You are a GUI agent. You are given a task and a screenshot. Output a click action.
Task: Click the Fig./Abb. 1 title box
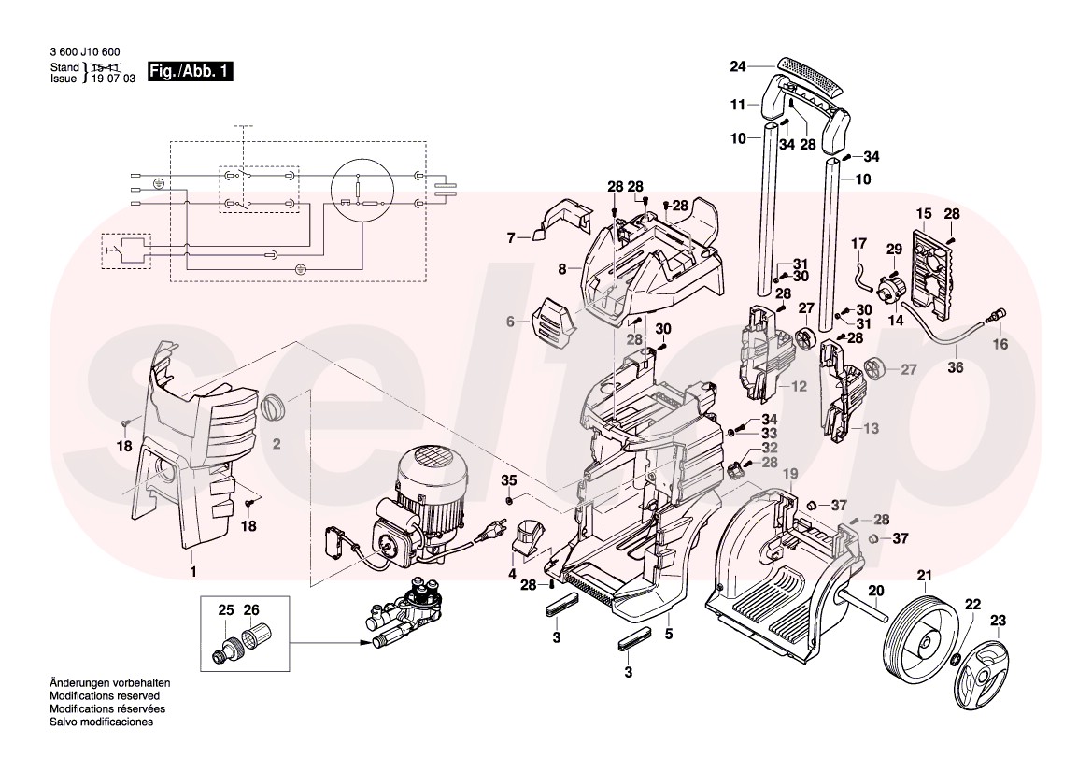191,73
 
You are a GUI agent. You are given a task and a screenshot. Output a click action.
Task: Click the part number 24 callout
738,66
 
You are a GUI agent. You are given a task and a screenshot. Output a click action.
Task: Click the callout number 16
1000,345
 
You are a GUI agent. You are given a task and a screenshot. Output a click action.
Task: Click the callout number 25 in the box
225,610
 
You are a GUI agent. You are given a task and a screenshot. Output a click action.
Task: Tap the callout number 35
509,480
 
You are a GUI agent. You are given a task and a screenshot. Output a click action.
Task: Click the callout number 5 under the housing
668,634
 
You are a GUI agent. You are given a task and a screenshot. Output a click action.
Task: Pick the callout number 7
511,238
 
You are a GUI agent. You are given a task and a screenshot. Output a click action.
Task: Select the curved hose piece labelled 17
860,274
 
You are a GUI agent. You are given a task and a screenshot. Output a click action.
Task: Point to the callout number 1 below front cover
192,570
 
